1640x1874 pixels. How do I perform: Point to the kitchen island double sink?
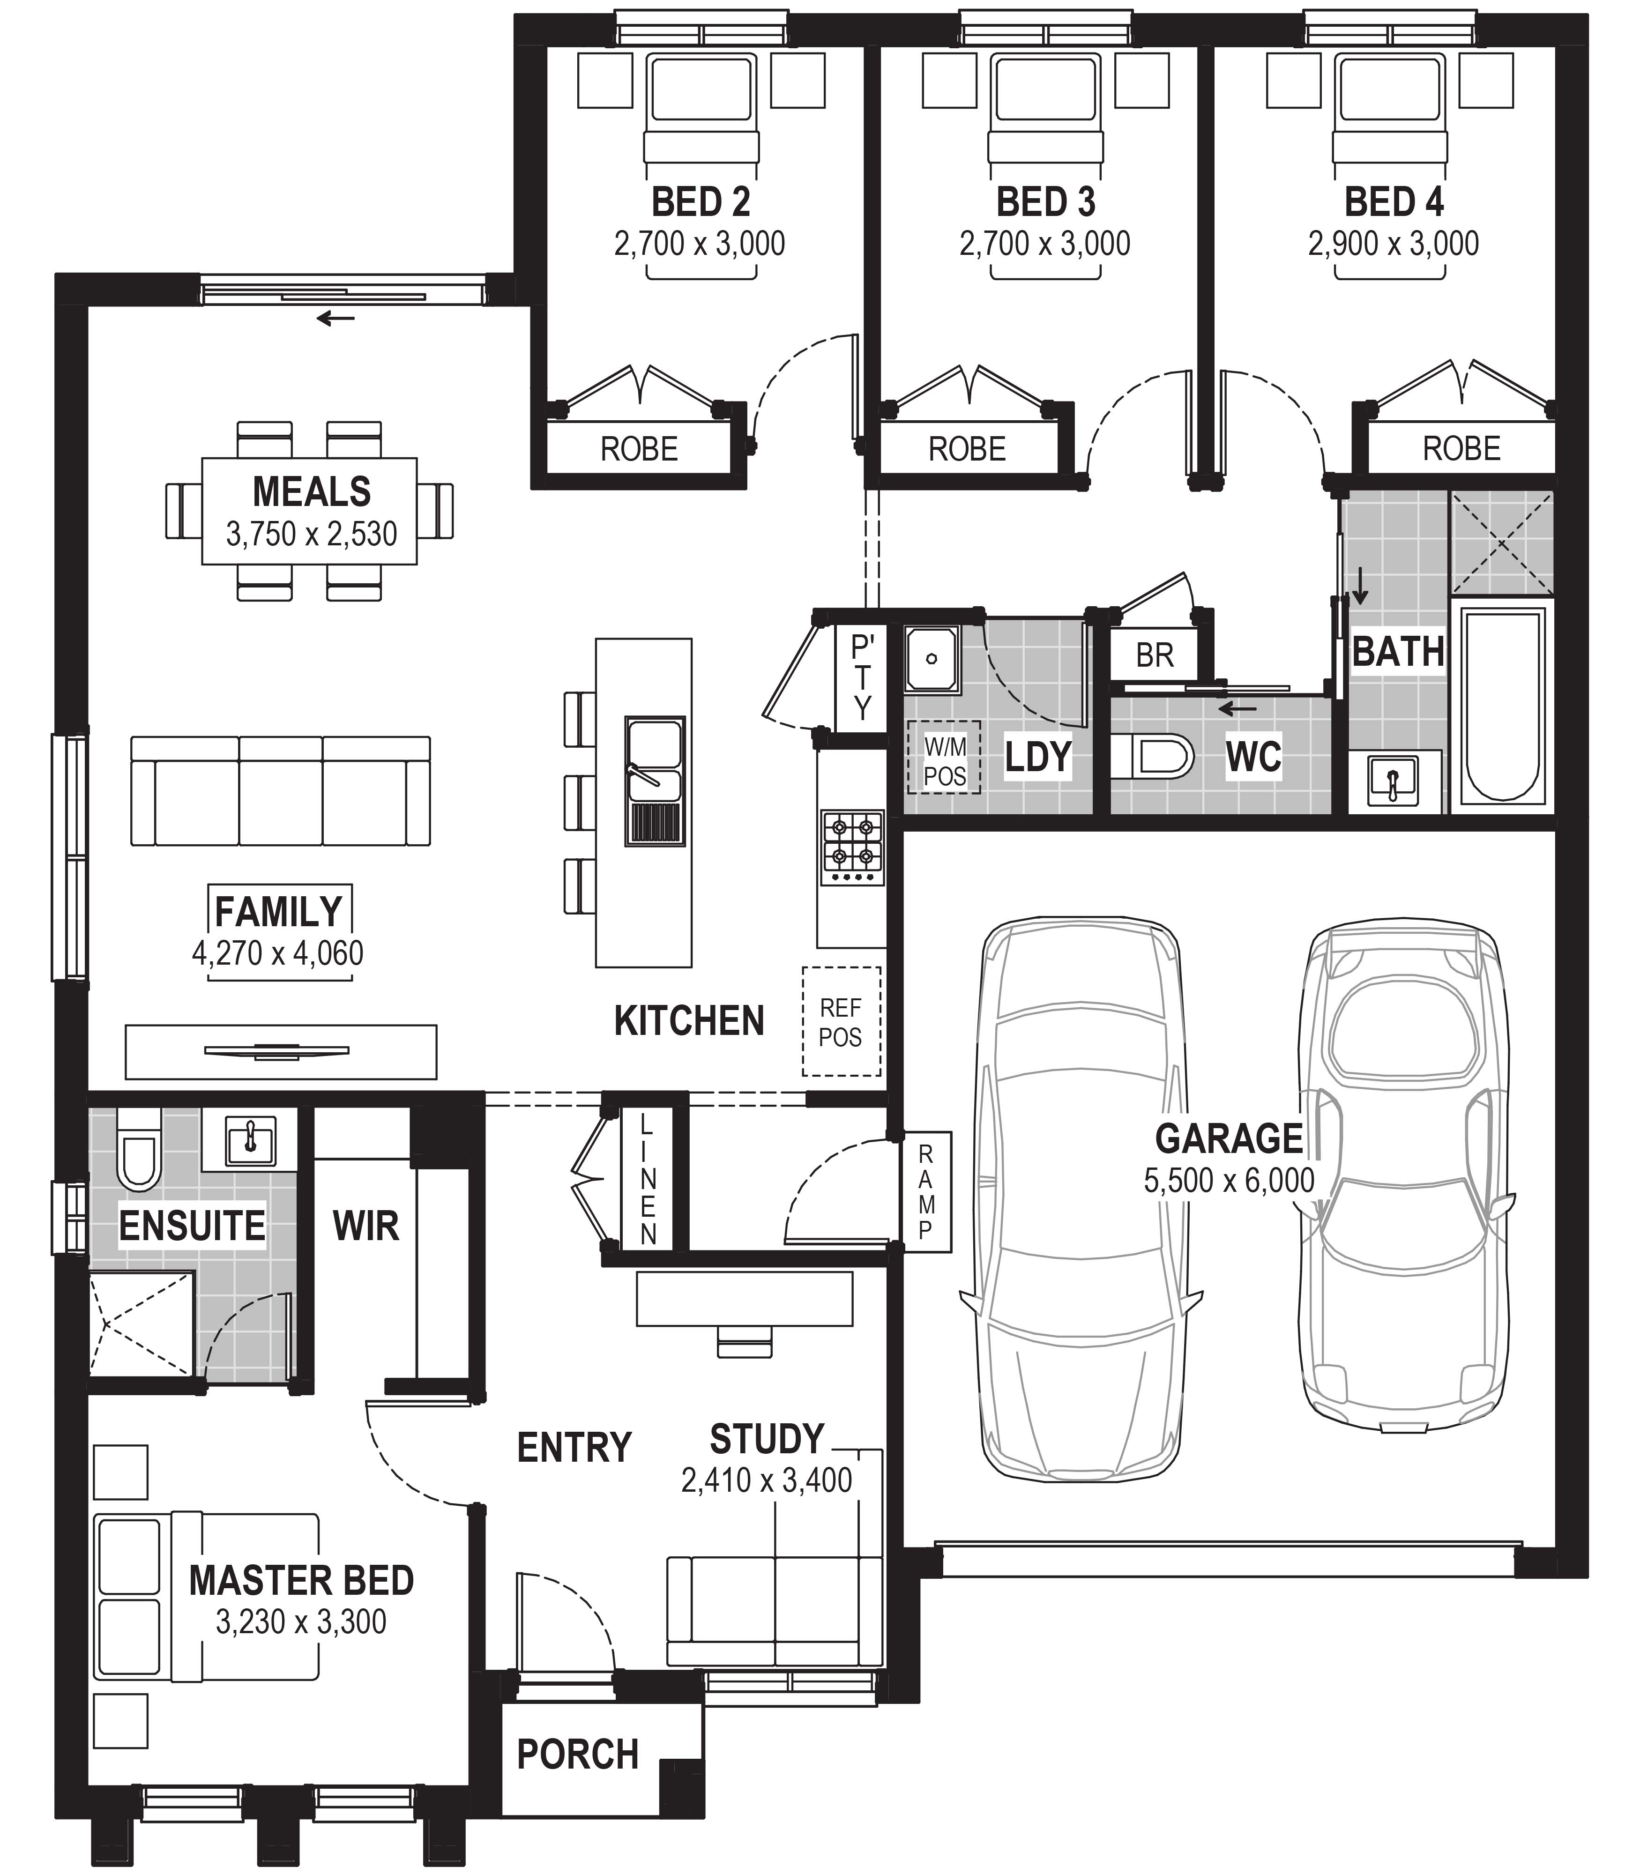pyautogui.click(x=654, y=781)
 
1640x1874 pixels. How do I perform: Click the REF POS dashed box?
pyautogui.click(x=841, y=1021)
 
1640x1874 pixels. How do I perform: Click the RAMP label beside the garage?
pyautogui.click(x=925, y=1191)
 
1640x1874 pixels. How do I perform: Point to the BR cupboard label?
pyautogui.click(x=1154, y=655)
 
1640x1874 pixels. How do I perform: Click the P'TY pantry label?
pyautogui.click(x=862, y=677)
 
